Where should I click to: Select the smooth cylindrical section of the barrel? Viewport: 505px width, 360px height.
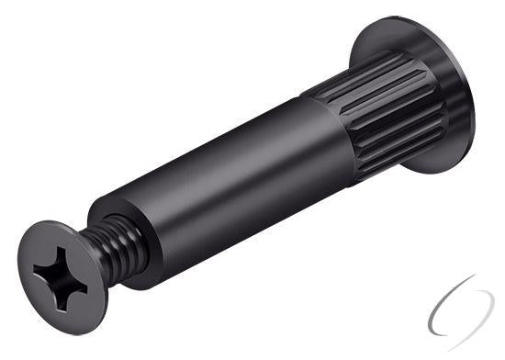click(x=230, y=184)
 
